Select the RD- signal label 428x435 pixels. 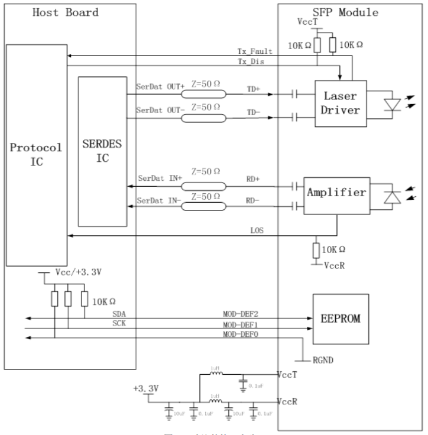click(252, 200)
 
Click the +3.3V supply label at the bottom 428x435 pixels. click(147, 390)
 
